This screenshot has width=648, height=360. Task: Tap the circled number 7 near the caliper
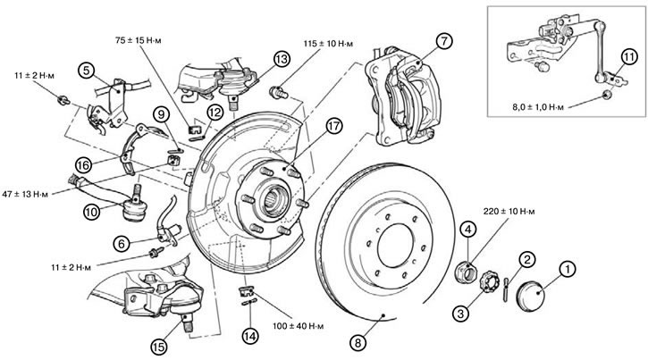(x=445, y=41)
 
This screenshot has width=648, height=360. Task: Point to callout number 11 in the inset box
(x=630, y=59)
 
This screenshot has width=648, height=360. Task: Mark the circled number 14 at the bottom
(x=250, y=337)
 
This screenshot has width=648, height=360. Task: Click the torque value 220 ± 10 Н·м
(x=511, y=212)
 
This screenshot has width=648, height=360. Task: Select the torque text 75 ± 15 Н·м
(x=147, y=41)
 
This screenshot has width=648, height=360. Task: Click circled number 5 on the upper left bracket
(x=86, y=68)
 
